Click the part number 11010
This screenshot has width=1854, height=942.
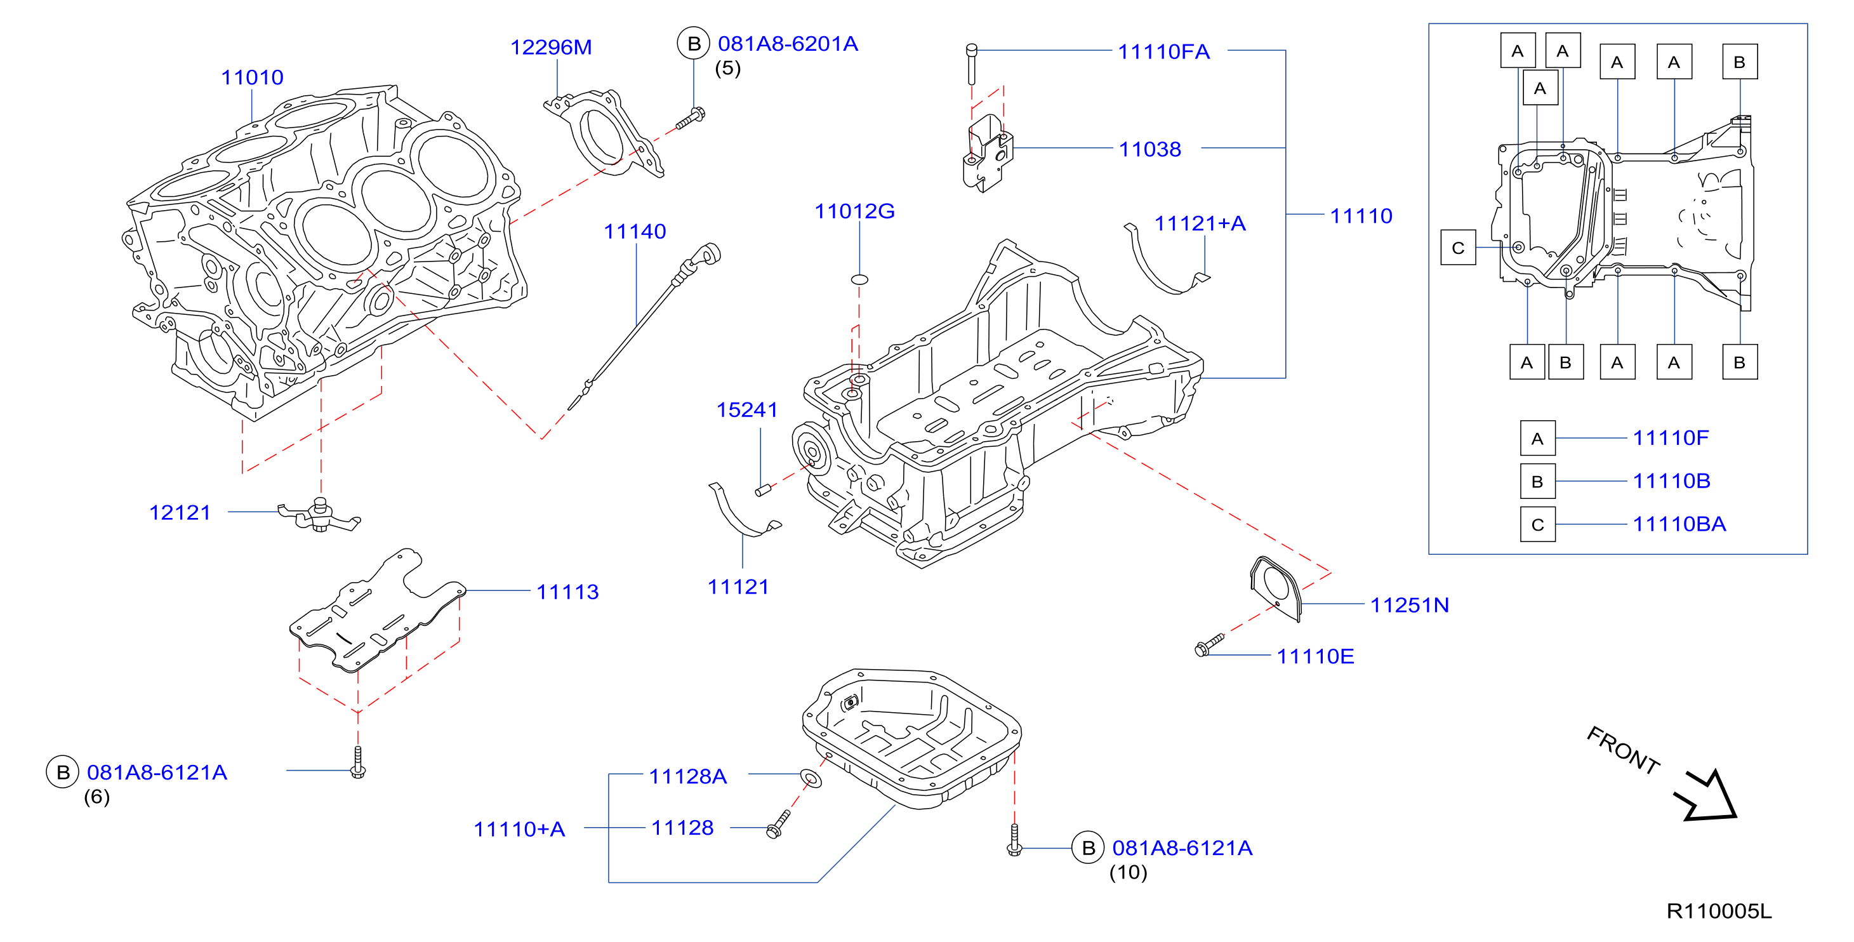click(x=252, y=77)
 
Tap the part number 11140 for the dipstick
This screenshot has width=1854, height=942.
click(x=635, y=231)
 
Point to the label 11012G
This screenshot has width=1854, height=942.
click(x=854, y=211)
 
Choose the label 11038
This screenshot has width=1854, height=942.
click(x=1150, y=149)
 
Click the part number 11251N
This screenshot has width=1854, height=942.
click(x=1409, y=604)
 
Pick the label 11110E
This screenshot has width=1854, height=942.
click(x=1315, y=656)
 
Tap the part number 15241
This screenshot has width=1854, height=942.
click(x=747, y=409)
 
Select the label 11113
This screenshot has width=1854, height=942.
click(x=567, y=592)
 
